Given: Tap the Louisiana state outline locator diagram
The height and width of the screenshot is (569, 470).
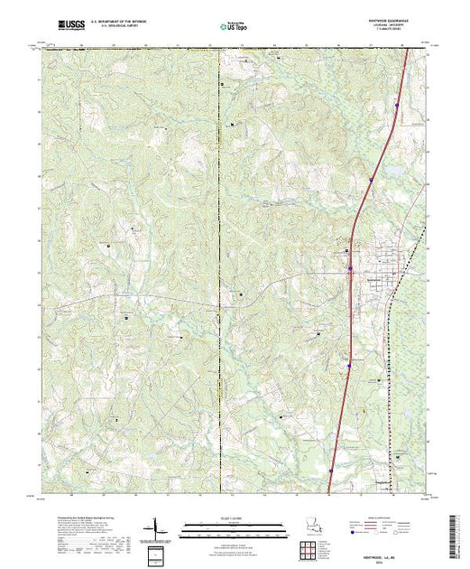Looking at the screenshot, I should click(311, 527).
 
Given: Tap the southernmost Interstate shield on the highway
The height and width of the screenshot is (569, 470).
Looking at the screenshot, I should click(330, 470).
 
